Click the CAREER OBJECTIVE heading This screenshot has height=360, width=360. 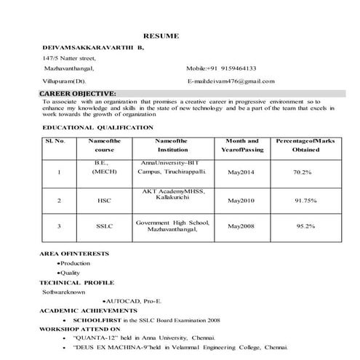coord(77,94)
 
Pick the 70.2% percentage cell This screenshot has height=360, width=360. coord(303,172)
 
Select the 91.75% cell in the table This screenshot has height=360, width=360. coord(305,199)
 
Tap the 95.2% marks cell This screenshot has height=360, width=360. coord(305,226)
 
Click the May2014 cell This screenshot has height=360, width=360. coord(241,172)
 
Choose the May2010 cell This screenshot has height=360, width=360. coord(241,199)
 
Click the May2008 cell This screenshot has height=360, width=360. coord(241,226)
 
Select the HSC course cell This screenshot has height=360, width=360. coord(104,199)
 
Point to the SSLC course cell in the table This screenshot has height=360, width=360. coord(104,226)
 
